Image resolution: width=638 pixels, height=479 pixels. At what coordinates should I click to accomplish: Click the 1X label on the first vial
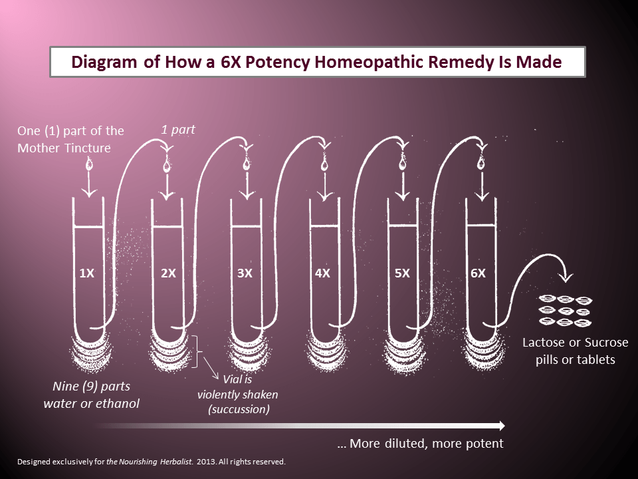[x=86, y=273]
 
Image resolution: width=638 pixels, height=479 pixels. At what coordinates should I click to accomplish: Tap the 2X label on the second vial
[x=168, y=273]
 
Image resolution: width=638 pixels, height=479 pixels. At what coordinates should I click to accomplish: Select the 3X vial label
[x=245, y=273]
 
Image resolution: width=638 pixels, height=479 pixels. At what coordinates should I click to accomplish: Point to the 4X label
[x=322, y=273]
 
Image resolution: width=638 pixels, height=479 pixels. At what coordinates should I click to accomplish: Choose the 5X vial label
[x=401, y=273]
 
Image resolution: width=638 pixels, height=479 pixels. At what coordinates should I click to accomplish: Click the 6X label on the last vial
[x=478, y=273]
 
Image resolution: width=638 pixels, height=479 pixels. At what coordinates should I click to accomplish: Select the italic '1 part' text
[x=178, y=129]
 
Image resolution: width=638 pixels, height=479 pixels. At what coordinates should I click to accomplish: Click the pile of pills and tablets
[x=564, y=311]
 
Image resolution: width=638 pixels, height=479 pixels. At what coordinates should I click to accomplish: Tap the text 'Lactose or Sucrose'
[x=575, y=343]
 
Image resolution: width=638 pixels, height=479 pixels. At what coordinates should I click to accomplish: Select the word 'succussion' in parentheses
[x=239, y=409]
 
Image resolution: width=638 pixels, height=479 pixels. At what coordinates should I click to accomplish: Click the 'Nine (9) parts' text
[x=90, y=386]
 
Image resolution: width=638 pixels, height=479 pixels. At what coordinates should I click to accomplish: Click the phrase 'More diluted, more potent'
[x=426, y=443]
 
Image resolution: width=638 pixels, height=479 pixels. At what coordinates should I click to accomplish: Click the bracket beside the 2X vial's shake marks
[x=197, y=351]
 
